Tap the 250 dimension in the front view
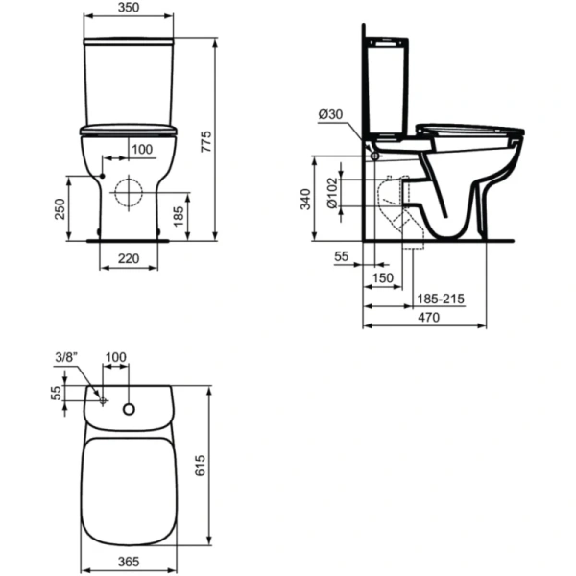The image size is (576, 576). point(60,207)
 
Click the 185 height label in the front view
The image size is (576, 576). point(179,215)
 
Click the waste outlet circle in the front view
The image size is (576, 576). point(128,192)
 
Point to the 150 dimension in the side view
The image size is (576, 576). point(383,278)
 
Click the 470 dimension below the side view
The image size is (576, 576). point(427,318)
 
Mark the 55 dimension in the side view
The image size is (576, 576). point(342,258)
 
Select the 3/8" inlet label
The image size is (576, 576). point(65,357)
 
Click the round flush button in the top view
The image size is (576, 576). point(131,411)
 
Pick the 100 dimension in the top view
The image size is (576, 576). point(115,358)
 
